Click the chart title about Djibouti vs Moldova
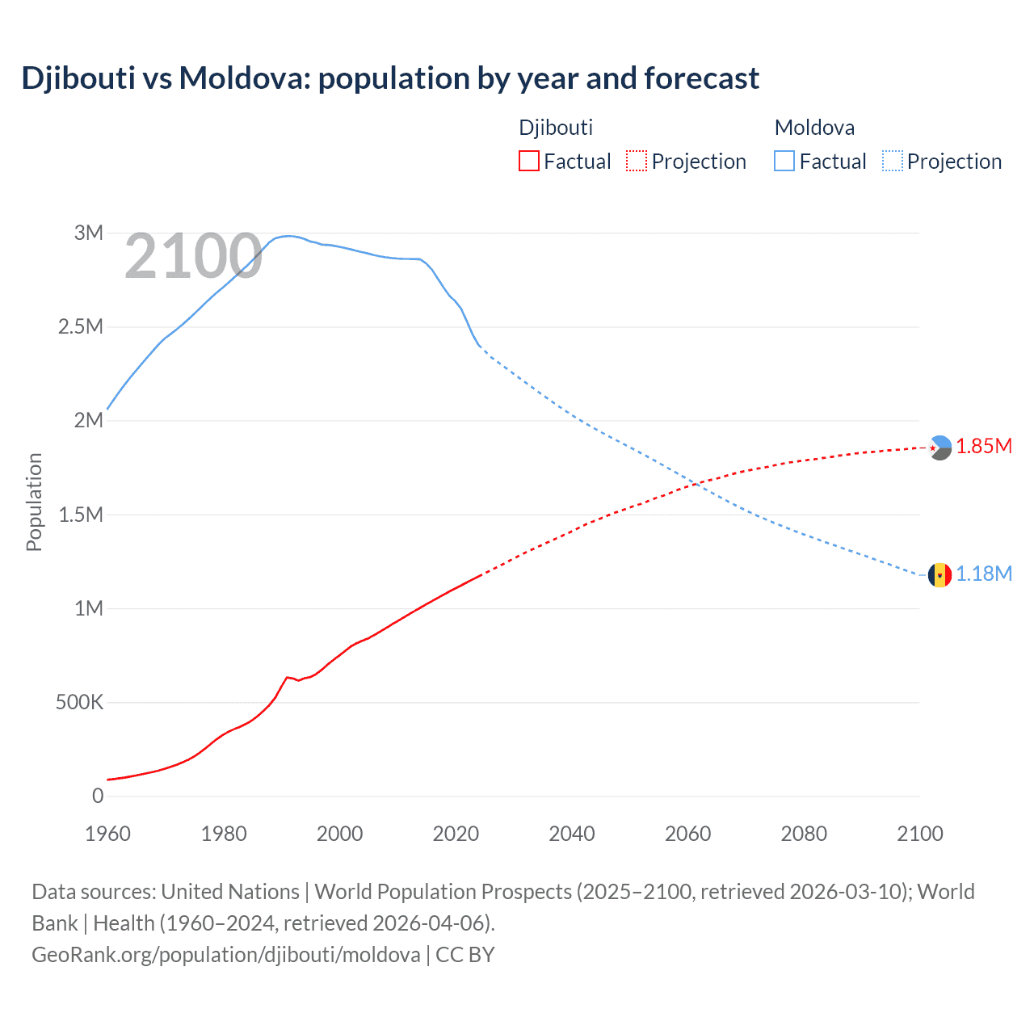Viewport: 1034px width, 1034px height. click(x=390, y=78)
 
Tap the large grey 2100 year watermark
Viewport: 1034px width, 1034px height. click(x=193, y=257)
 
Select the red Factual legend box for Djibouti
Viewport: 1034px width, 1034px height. click(x=528, y=162)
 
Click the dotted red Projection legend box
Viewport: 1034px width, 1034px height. click(x=637, y=162)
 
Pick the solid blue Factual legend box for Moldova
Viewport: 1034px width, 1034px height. click(x=784, y=162)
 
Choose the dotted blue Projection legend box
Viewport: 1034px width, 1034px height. click(x=892, y=162)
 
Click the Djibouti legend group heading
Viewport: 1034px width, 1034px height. click(x=556, y=128)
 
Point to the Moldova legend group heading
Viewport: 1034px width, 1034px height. click(x=814, y=128)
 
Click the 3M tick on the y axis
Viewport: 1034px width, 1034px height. click(x=89, y=233)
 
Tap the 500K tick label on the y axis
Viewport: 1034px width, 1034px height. click(x=79, y=702)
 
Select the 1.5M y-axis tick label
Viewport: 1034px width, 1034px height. click(x=81, y=515)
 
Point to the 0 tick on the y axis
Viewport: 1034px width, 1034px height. click(x=98, y=796)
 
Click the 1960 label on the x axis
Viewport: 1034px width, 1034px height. click(x=107, y=834)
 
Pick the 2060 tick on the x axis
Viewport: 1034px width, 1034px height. click(x=687, y=834)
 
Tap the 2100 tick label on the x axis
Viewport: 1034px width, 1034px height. click(x=919, y=834)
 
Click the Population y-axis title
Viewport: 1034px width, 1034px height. click(x=34, y=502)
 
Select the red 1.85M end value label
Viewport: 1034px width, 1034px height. click(x=984, y=447)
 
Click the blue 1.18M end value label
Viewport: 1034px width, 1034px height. click(x=984, y=574)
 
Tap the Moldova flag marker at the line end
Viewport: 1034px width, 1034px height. click(x=939, y=575)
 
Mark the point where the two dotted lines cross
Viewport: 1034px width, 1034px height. click(x=695, y=484)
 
